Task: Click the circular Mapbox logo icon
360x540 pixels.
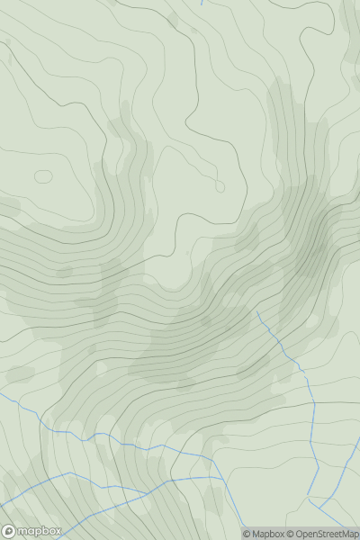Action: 9,531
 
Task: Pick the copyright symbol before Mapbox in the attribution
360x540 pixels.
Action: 247,534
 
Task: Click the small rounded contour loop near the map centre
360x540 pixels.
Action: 220,186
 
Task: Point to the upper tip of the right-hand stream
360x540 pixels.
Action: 257,312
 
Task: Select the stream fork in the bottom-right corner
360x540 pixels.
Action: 311,495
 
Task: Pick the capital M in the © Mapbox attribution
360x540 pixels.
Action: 256,534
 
